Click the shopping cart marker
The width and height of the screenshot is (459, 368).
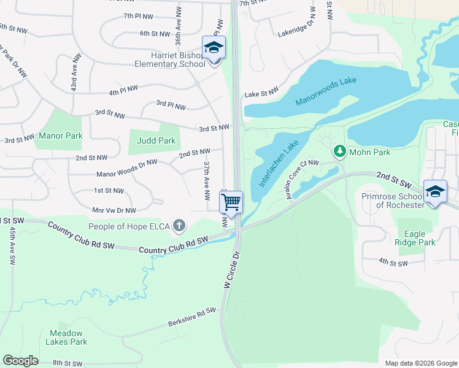pyautogui.click(x=231, y=202)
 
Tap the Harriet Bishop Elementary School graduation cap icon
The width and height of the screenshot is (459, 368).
pyautogui.click(x=214, y=48)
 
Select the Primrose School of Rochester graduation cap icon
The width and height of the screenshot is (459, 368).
pyautogui.click(x=435, y=191)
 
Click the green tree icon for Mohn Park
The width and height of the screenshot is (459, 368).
pyautogui.click(x=338, y=150)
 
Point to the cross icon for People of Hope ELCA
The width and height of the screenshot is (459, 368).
pyautogui.click(x=179, y=226)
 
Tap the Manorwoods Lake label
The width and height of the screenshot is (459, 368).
pyautogui.click(x=325, y=91)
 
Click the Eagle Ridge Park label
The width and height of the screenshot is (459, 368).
pyautogui.click(x=416, y=237)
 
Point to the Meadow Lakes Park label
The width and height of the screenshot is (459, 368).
pyautogui.click(x=69, y=337)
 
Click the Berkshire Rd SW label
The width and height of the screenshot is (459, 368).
pyautogui.click(x=192, y=318)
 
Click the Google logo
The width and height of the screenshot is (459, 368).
pyautogui.click(x=20, y=361)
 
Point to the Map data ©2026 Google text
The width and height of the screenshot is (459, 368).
pyautogui.click(x=420, y=363)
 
